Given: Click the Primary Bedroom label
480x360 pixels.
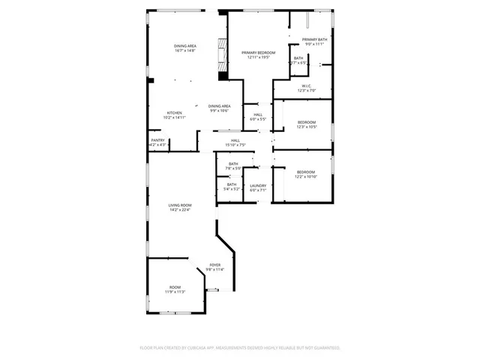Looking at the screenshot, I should tap(259, 52).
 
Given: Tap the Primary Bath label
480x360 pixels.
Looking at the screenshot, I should tap(313, 39).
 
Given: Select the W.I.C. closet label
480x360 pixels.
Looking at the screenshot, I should tap(307, 86).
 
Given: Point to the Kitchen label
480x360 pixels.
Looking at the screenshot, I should tap(174, 112).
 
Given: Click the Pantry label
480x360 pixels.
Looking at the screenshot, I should tap(157, 139).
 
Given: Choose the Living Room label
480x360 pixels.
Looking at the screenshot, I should tap(179, 205).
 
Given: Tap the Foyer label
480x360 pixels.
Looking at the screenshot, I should tap(215, 265).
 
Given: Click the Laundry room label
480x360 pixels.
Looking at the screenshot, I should tap(258, 185).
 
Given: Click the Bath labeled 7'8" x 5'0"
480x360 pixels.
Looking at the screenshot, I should tap(233, 164).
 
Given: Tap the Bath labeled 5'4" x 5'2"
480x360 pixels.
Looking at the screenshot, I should tap(232, 184).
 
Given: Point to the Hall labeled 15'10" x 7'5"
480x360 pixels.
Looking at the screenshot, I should tap(235, 140).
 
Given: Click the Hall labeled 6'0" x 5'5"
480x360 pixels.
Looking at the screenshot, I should tap(257, 115).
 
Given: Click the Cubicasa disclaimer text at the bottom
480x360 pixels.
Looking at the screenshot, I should tap(240, 348).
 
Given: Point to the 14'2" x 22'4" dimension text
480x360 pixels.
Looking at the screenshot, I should tap(179, 210).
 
